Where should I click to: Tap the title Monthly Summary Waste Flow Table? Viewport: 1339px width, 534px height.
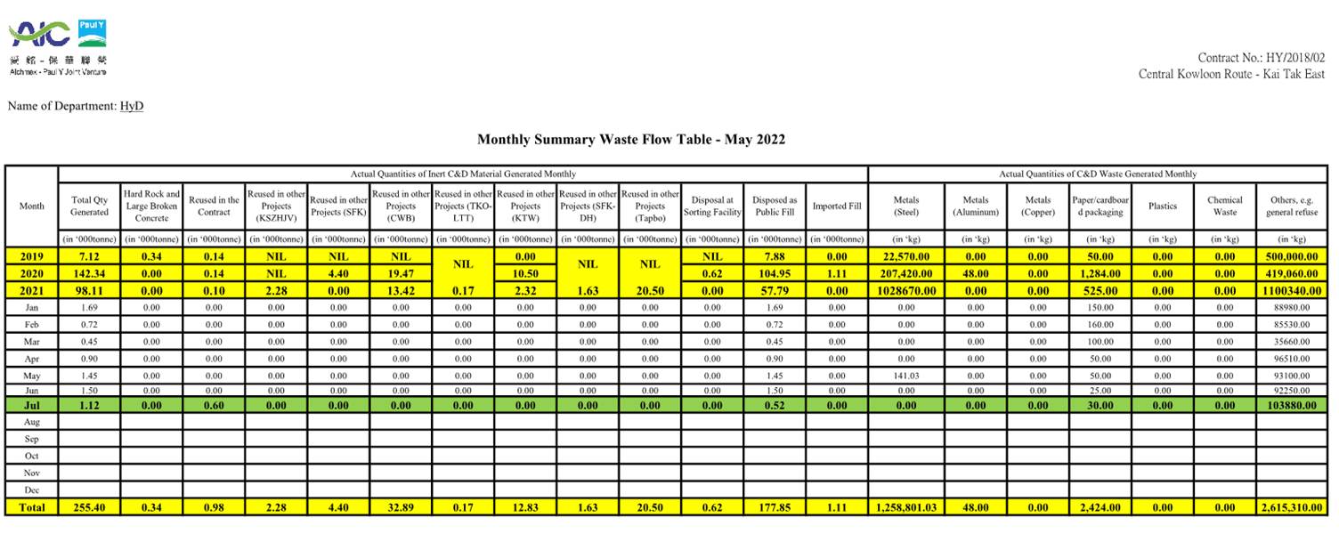click(630, 140)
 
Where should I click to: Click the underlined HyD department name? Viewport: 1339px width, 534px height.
click(132, 107)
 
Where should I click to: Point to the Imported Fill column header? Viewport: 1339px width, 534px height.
click(837, 206)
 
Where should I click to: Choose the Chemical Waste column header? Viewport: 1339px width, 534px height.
click(1225, 206)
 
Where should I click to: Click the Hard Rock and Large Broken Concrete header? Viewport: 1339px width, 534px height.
click(151, 206)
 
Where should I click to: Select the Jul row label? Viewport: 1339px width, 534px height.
click(31, 405)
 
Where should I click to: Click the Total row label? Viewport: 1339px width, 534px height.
click(31, 507)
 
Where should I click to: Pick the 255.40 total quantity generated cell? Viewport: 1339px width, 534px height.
click(89, 507)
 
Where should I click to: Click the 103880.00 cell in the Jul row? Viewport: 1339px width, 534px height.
click(1291, 405)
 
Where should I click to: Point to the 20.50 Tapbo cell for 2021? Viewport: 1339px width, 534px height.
click(650, 291)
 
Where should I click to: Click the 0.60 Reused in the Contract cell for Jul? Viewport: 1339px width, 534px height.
click(214, 405)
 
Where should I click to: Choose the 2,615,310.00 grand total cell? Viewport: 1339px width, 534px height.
click(1291, 507)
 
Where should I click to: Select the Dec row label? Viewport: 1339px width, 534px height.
click(31, 489)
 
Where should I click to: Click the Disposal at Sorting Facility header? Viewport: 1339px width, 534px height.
click(712, 206)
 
